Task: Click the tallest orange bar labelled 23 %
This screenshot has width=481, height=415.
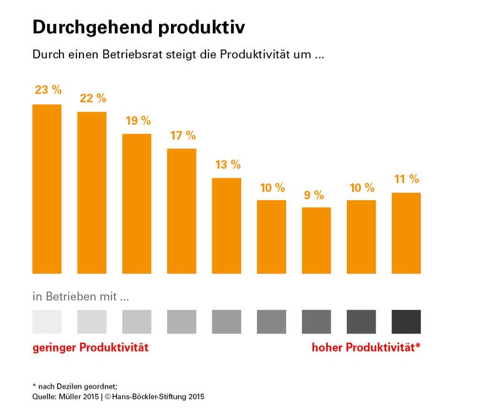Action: click(x=47, y=189)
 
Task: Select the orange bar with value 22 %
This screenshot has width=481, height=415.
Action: click(x=92, y=192)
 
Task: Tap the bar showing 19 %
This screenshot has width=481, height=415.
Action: click(x=137, y=204)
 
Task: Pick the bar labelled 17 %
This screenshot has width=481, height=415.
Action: click(x=182, y=211)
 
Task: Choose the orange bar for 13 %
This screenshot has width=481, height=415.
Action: click(x=227, y=226)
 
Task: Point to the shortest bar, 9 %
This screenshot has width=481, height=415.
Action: click(x=316, y=240)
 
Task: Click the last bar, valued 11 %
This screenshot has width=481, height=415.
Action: click(x=406, y=233)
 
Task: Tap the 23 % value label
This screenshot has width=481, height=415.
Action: click(x=48, y=90)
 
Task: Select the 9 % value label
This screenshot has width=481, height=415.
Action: click(x=316, y=195)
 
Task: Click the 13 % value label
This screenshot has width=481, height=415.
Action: click(x=227, y=165)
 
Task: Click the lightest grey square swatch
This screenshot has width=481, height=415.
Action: click(x=47, y=321)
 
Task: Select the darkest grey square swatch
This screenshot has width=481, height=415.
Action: click(x=406, y=321)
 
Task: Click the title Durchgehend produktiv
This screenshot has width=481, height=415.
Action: click(x=138, y=27)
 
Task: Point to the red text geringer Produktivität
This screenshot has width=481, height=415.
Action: click(x=90, y=347)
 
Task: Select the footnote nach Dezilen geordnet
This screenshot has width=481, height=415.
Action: click(x=78, y=386)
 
